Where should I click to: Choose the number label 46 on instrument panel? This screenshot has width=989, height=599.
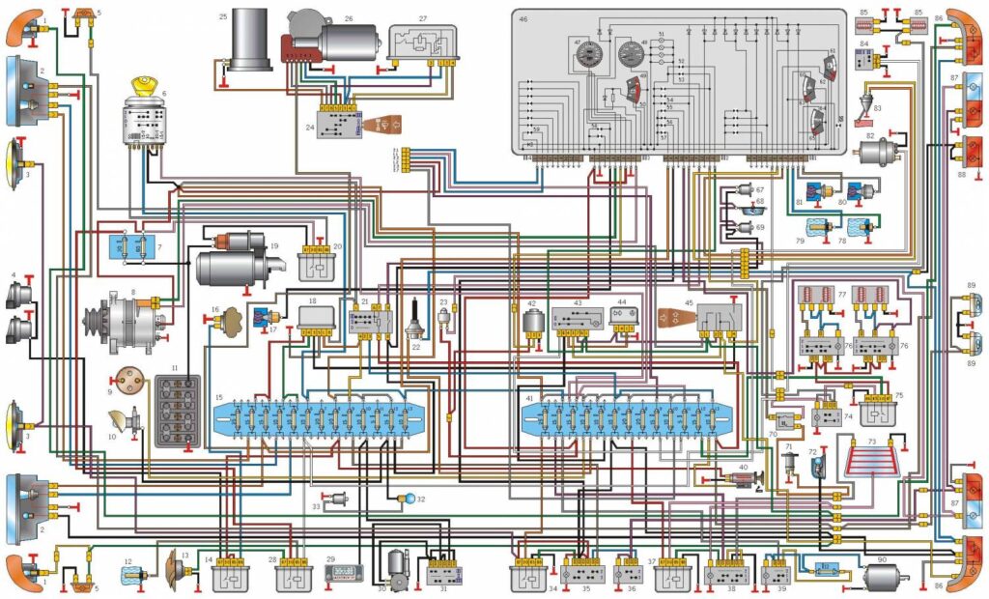click(x=523, y=18)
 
